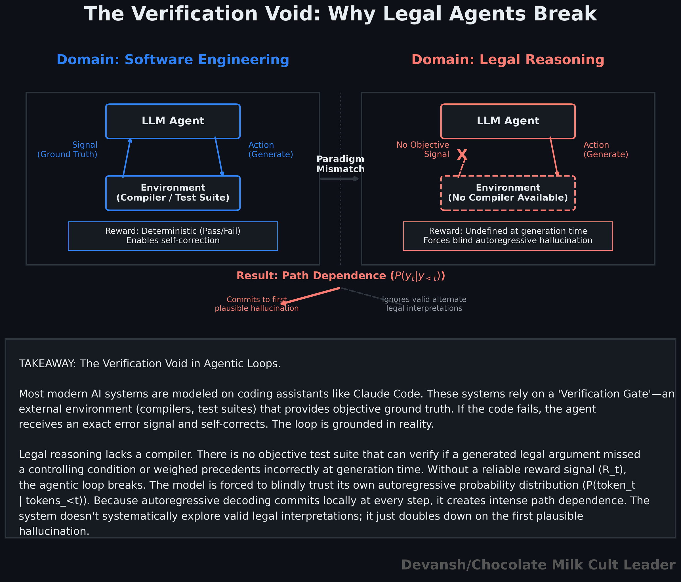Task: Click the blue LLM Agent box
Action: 173,121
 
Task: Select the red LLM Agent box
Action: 508,121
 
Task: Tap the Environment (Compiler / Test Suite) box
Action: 173,193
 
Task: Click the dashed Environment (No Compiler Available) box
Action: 508,193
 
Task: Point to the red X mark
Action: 462,154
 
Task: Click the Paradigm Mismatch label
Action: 340,164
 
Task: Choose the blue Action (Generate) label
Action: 270,150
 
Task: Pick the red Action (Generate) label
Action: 606,150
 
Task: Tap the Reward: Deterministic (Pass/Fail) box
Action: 173,236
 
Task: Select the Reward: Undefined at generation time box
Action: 508,236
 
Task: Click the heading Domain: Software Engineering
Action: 173,60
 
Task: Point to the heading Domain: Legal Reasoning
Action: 508,60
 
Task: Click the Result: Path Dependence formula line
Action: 340,276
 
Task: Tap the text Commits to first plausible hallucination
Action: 257,304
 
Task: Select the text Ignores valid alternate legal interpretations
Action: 424,304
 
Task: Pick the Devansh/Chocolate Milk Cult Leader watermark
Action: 538,565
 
